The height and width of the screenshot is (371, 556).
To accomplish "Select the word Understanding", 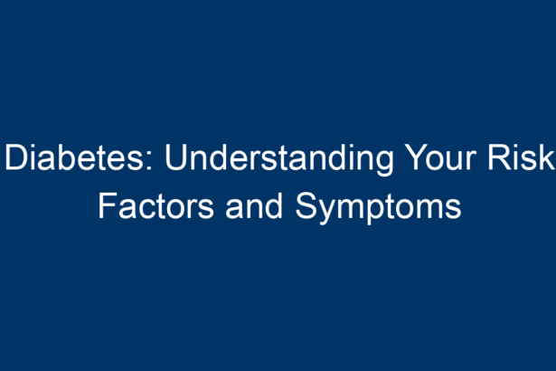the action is (279, 159).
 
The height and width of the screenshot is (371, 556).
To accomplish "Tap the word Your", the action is (442, 157).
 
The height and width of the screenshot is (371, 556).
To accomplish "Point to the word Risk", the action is (521, 157).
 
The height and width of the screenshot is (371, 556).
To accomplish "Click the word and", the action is (254, 205).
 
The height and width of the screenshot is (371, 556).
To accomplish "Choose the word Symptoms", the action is (378, 208).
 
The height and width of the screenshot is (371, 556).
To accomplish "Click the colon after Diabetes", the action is (149, 161).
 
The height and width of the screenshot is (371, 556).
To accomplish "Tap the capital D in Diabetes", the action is (15, 157).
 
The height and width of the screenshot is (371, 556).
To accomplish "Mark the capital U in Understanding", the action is (176, 157).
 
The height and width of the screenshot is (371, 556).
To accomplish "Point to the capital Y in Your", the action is (417, 157).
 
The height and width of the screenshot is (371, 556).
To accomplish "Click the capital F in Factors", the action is (107, 206).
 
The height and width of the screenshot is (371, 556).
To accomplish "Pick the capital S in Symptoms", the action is (306, 206).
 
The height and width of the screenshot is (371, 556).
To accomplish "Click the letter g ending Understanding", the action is (384, 164).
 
